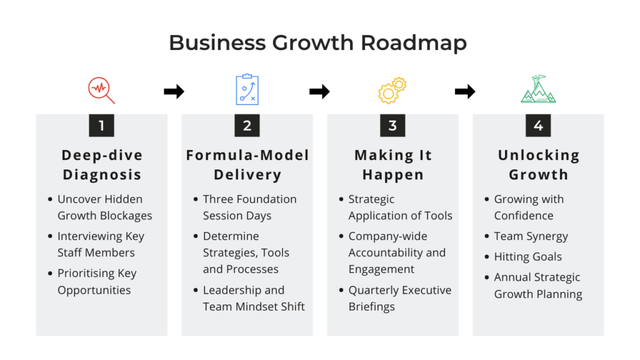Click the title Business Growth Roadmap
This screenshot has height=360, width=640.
[x=318, y=43]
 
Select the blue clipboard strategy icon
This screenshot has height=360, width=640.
[x=247, y=89]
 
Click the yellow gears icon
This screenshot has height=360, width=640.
[x=392, y=90]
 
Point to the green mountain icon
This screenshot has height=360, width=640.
[x=538, y=89]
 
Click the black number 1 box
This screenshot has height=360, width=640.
[x=102, y=125]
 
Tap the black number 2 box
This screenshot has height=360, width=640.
[x=247, y=125]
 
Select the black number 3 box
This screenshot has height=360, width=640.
[x=392, y=125]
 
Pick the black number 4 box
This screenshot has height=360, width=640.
[x=538, y=125]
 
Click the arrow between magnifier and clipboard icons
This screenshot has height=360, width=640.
[x=174, y=91]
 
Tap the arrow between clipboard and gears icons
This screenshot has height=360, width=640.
[x=319, y=91]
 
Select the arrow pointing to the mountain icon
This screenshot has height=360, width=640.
[x=465, y=91]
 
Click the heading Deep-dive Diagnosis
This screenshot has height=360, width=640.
[x=102, y=165]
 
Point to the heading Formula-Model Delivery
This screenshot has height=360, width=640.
[x=247, y=165]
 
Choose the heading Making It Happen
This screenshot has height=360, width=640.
[x=393, y=165]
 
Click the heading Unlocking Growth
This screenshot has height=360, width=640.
[x=538, y=165]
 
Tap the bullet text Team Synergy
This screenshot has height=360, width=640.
[x=531, y=236]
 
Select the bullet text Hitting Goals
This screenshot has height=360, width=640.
[x=527, y=257]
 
